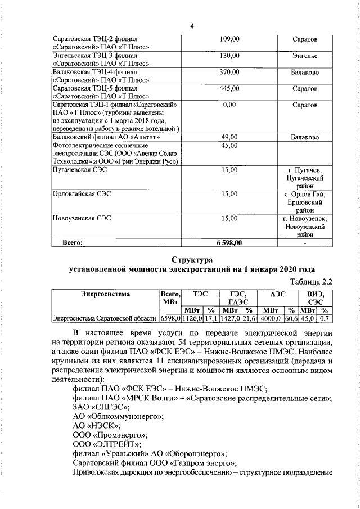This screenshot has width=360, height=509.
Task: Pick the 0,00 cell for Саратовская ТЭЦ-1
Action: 229,105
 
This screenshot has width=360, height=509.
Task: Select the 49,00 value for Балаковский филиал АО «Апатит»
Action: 230,137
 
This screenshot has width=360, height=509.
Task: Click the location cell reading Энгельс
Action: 305,56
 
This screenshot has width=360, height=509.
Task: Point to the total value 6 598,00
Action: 229,243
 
